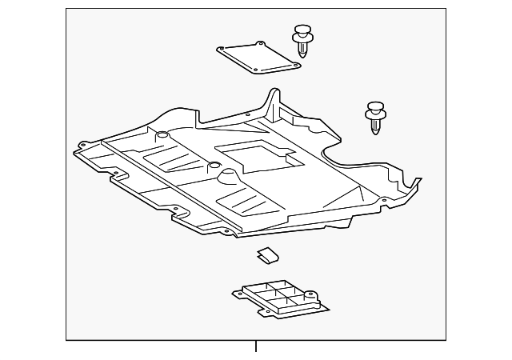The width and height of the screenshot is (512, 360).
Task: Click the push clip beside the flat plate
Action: [x=302, y=41]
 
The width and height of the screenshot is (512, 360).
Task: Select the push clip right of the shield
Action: [x=375, y=116]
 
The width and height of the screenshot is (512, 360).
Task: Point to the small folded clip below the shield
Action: [x=267, y=255]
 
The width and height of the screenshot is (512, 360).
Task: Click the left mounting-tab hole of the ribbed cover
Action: [x=238, y=294]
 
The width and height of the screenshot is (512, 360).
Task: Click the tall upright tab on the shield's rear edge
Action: [x=274, y=102]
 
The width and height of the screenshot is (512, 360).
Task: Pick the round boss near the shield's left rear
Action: [x=162, y=135]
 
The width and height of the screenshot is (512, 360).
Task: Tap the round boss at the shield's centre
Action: [x=214, y=167]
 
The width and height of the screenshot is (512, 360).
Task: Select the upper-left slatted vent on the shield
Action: [x=173, y=156]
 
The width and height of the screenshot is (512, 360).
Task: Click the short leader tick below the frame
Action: [x=256, y=346]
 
